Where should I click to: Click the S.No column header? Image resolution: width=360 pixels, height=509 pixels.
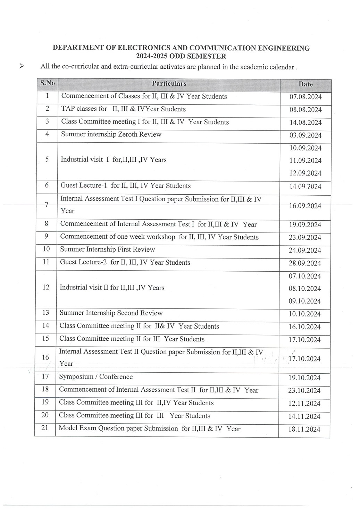[47, 83]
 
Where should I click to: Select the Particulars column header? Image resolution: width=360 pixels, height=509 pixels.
[169, 84]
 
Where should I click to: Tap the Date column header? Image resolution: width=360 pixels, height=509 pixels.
[305, 84]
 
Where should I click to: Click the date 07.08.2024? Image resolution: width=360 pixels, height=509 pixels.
[305, 97]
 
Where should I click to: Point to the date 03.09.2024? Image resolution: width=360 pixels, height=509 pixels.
[305, 135]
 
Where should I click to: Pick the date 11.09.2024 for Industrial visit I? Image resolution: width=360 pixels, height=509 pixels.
[305, 161]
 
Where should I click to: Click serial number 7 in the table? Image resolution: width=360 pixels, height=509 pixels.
[47, 204]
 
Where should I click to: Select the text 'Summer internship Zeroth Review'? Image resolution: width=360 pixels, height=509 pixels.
[111, 134]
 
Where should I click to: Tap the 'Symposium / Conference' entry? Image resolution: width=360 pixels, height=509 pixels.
[96, 377]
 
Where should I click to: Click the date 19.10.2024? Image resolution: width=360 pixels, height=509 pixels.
[304, 378]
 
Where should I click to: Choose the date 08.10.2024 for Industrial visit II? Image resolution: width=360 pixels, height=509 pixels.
[305, 289]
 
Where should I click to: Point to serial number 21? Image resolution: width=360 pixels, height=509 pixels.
[45, 428]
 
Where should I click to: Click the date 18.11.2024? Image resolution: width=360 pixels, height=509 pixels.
[304, 429]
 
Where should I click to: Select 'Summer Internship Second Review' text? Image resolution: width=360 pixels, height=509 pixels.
[111, 313]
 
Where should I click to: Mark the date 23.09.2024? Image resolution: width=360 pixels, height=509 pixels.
[305, 238]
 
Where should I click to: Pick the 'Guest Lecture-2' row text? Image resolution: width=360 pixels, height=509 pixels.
[125, 263]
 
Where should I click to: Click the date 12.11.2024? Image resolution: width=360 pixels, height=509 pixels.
[304, 404]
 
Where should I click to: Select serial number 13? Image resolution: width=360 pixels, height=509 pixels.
[45, 313]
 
